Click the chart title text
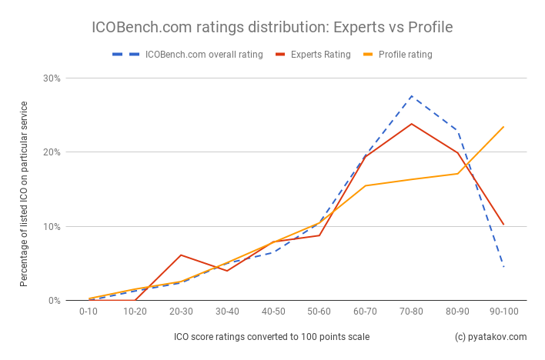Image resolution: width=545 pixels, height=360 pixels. point(272,28)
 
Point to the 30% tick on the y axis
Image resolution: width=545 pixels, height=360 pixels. point(52,78)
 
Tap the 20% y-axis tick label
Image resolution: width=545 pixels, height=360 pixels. point(52,152)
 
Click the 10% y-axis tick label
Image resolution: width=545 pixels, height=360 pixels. point(52,227)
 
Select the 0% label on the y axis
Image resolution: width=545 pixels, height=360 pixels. point(54,301)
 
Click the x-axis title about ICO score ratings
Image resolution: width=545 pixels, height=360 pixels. point(272,337)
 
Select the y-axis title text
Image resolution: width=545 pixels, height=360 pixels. point(25,192)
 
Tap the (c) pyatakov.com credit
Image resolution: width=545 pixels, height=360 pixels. point(490,337)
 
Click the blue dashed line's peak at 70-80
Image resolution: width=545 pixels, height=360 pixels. point(411,96)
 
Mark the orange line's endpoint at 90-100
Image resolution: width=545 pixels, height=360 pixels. point(503,127)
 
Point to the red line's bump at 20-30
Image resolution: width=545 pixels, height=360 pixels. point(181,255)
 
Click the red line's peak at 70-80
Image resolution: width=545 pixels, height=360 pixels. point(411,124)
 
